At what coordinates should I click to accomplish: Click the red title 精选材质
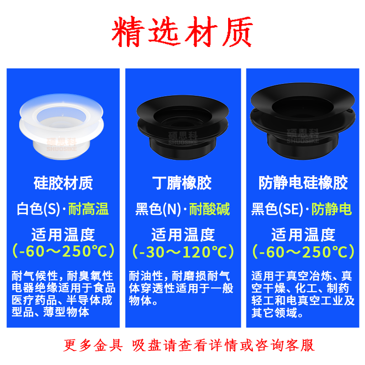coord(182,31)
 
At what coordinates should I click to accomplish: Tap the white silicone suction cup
coord(62,126)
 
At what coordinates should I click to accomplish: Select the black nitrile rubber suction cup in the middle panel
coord(183,127)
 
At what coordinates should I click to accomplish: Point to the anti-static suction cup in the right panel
coord(302,121)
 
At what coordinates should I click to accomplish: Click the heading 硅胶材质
coord(63,183)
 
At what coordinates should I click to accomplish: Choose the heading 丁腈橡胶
coord(182,183)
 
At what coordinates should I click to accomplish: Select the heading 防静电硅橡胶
coord(303,183)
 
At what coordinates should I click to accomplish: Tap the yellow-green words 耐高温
coord(89,209)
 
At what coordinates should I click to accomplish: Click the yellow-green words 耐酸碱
coord(209,209)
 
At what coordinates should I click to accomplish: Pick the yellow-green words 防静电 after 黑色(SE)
coord(332,209)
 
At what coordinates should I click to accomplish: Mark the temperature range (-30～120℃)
coord(183,252)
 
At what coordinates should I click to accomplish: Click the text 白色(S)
coord(38,209)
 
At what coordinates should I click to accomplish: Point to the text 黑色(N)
coord(158,209)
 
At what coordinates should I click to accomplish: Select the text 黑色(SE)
coord(277,209)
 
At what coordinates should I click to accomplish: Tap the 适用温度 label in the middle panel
coord(183,235)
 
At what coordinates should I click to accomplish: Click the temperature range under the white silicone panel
coord(63,251)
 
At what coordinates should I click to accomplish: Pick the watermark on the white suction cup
coord(62,144)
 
